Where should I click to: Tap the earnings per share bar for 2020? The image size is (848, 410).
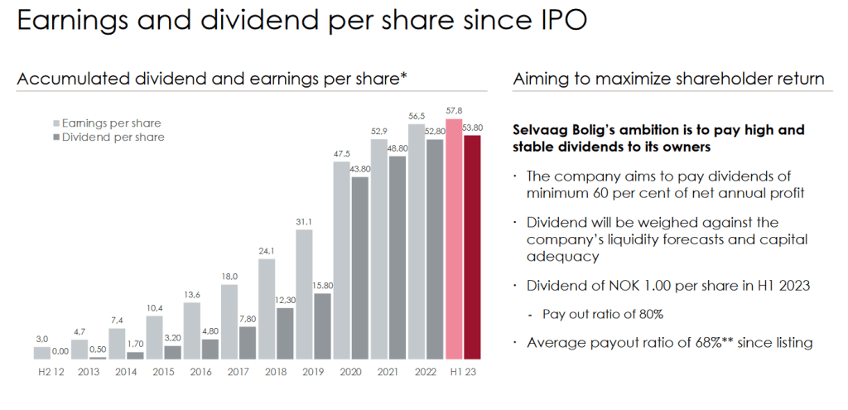coord(341,260)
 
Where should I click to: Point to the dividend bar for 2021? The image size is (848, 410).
coord(397,257)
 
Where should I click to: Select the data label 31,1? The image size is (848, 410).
coord(303,221)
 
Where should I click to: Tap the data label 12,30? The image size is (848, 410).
coord(285,300)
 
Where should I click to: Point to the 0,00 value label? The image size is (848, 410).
coord(60,351)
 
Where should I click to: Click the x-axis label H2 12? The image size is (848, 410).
coord(51,372)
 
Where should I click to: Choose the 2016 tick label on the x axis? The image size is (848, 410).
coord(201,372)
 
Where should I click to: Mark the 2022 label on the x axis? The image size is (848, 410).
coord(425,372)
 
